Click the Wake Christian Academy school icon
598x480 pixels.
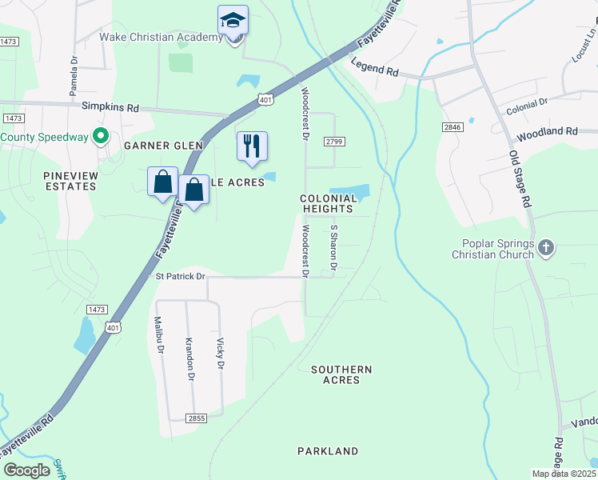(x=233, y=20)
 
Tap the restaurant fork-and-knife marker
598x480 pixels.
(x=252, y=146)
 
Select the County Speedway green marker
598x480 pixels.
(x=101, y=137)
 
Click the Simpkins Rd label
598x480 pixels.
(x=110, y=106)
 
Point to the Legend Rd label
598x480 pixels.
(x=374, y=71)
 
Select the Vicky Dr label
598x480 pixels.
(x=220, y=353)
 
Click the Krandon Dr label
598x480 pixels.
(x=189, y=358)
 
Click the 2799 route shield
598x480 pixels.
(x=334, y=142)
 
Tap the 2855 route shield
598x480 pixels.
(x=195, y=418)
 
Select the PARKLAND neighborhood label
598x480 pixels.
(x=328, y=451)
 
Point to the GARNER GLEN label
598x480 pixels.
(x=164, y=146)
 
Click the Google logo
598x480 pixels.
(x=27, y=470)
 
